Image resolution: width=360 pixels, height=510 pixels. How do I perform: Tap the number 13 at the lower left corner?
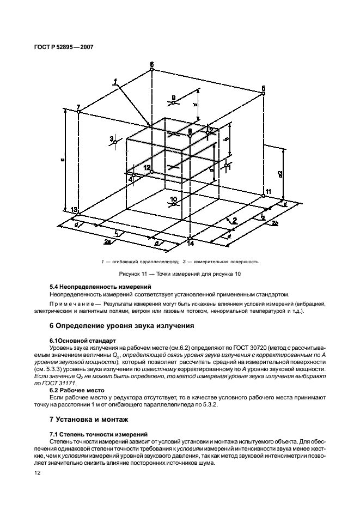(74, 210)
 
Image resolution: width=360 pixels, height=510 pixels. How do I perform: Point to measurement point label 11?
(267, 192)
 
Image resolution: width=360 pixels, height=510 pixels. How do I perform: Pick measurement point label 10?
(173, 199)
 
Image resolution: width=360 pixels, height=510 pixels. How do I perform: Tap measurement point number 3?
(112, 139)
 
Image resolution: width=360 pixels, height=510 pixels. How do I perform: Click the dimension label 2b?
(276, 224)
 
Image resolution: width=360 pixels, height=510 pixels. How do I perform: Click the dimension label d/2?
(280, 174)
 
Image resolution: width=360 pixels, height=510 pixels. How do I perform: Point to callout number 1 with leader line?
(115, 81)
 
